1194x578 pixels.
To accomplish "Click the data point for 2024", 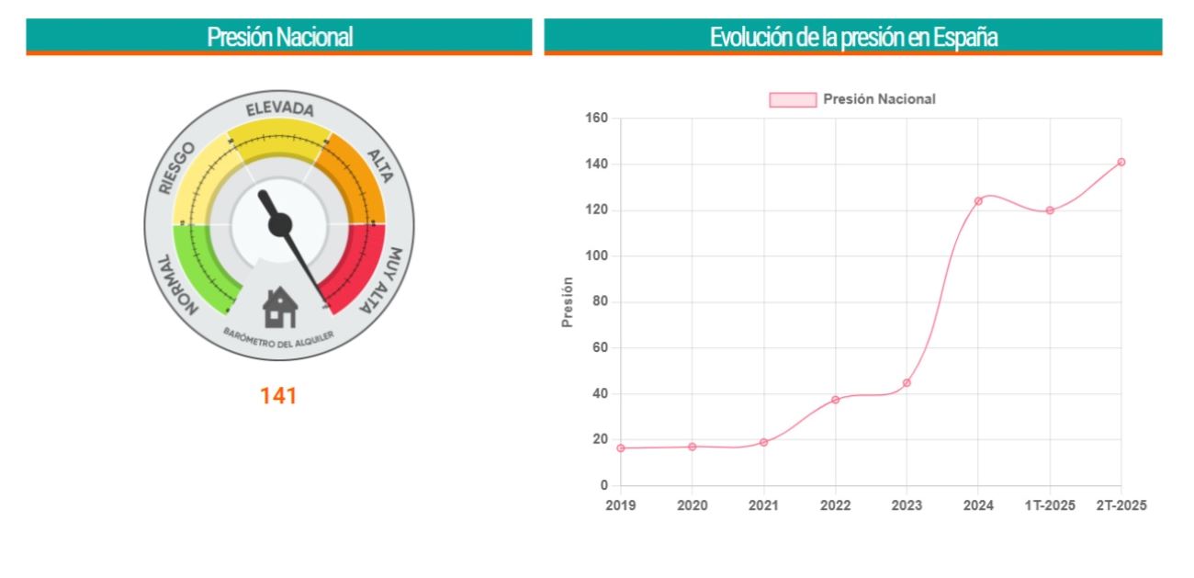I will coord(978,200).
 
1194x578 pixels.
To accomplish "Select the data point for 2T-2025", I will coord(1121,162).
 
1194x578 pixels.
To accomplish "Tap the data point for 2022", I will coord(835,400).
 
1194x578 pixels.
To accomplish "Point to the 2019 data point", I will coord(620,448).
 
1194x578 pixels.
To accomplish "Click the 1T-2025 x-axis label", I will coord(1050,505).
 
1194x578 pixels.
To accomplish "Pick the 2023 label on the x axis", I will coord(907,505).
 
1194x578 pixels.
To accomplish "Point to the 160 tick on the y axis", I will coord(597,119).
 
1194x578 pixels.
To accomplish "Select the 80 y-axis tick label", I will coord(601,302).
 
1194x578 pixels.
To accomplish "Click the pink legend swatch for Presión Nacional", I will coord(792,99).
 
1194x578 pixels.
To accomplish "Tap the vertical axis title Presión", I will coord(568,301).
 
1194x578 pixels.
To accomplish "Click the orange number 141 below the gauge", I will coord(278,396).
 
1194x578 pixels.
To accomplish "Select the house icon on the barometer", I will coord(280,307).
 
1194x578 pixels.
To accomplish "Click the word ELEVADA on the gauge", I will coord(279,109).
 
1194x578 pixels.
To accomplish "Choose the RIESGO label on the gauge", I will coord(177,168).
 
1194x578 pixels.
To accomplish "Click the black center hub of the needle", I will coord(280,224).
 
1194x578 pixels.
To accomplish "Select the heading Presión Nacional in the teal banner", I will coord(279,37).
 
